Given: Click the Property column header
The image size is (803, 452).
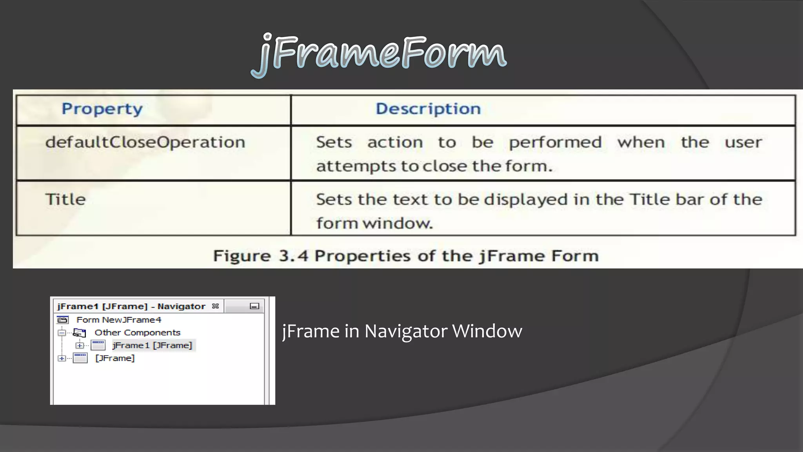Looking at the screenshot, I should click(102, 109).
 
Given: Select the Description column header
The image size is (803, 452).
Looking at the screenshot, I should click(428, 109).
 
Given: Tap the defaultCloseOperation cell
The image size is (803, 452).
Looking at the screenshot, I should click(145, 142).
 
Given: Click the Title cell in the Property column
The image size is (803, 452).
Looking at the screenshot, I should click(65, 199).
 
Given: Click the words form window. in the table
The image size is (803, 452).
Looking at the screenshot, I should click(374, 223).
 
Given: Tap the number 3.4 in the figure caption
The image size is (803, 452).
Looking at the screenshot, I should click(293, 256).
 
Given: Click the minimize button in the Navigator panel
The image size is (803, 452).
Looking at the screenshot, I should click(254, 306).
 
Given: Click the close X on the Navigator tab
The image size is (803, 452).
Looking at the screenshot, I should click(215, 306).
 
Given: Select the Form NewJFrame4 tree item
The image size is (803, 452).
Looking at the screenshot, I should click(118, 320).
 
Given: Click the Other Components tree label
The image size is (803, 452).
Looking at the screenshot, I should click(137, 333).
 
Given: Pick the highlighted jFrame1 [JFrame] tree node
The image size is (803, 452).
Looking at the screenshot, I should click(152, 345).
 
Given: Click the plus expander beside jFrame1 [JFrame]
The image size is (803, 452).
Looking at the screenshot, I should click(80, 345).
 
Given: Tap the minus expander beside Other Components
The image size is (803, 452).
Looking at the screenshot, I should click(62, 333).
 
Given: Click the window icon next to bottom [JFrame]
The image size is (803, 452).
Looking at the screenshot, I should click(80, 358).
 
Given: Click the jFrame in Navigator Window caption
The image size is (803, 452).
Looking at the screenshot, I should click(402, 331).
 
